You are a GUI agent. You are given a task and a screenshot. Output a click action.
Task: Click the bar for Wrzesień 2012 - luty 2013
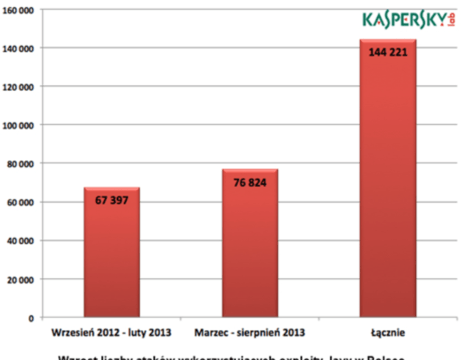click(111, 253)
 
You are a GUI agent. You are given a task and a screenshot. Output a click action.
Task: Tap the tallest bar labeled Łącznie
click(388, 179)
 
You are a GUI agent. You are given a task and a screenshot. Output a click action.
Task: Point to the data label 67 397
click(111, 200)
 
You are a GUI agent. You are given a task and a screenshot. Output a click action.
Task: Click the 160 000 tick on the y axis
click(19, 10)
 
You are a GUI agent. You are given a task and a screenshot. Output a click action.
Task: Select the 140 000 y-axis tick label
click(19, 48)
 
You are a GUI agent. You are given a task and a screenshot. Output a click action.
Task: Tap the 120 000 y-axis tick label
click(19, 87)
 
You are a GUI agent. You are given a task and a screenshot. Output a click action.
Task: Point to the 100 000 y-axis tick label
click(19, 125)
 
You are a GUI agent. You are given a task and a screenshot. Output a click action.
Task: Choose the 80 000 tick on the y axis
click(21, 164)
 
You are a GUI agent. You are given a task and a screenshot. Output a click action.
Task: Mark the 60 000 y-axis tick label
click(21, 202)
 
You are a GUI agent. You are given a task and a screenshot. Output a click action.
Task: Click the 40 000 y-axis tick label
click(21, 240)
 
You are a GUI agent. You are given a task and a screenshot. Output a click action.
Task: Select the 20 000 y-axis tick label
click(21, 279)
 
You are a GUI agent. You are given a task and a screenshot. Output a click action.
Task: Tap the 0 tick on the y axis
click(32, 318)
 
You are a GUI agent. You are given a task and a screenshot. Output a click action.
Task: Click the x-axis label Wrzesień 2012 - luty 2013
click(111, 333)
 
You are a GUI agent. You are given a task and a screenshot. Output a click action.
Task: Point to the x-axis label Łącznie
click(388, 333)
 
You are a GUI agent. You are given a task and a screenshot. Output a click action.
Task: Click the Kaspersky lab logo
click(403, 20)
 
